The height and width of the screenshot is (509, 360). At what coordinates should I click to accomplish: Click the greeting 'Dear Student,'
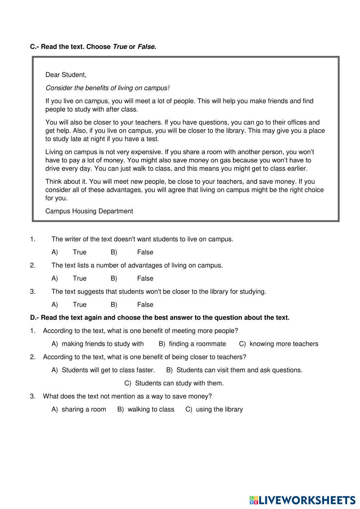point(66,75)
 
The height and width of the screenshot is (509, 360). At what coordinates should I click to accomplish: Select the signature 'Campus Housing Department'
point(89,211)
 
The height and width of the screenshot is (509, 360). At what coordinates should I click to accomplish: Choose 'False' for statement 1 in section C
point(145,252)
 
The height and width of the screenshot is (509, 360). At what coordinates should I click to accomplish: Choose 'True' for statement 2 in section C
point(80,279)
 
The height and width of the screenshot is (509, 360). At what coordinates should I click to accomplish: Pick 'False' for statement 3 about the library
point(145,305)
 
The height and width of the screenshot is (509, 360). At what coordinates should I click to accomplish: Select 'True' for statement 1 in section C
point(80,252)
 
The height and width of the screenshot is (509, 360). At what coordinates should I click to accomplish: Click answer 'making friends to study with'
point(103,344)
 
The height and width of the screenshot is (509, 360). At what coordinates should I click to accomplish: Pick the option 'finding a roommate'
point(197,344)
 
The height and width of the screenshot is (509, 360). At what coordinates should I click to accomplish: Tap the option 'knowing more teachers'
point(284,344)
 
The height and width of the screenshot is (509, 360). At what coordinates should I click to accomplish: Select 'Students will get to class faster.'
point(108,370)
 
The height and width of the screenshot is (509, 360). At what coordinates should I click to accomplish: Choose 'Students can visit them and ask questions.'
point(239,370)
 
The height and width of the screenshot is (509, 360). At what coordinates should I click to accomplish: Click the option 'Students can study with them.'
point(179,383)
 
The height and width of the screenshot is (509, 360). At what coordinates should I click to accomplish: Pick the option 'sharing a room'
point(84,410)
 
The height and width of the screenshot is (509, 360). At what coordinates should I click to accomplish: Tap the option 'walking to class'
point(151,410)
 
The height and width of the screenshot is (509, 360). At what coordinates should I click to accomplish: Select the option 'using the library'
point(219,410)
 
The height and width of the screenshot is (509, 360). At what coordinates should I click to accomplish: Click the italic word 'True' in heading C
point(120,47)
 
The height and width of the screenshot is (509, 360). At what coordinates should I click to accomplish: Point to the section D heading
point(159,318)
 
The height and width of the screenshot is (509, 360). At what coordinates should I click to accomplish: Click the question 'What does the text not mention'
point(127,396)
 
